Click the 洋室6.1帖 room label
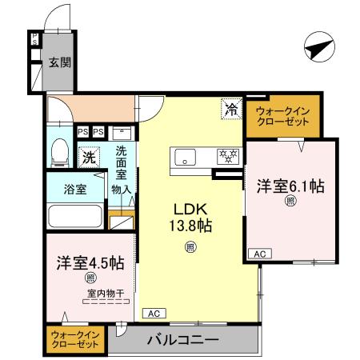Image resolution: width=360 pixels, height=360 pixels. (x=290, y=187)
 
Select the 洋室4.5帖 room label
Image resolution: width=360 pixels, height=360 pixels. (x=90, y=262)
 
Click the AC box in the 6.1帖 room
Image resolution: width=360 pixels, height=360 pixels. (x=258, y=254)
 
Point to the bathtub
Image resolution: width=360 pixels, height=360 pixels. (x=74, y=216)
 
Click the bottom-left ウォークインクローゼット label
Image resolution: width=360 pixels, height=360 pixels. (x=74, y=339)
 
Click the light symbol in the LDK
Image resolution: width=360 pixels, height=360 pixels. (x=190, y=247)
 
